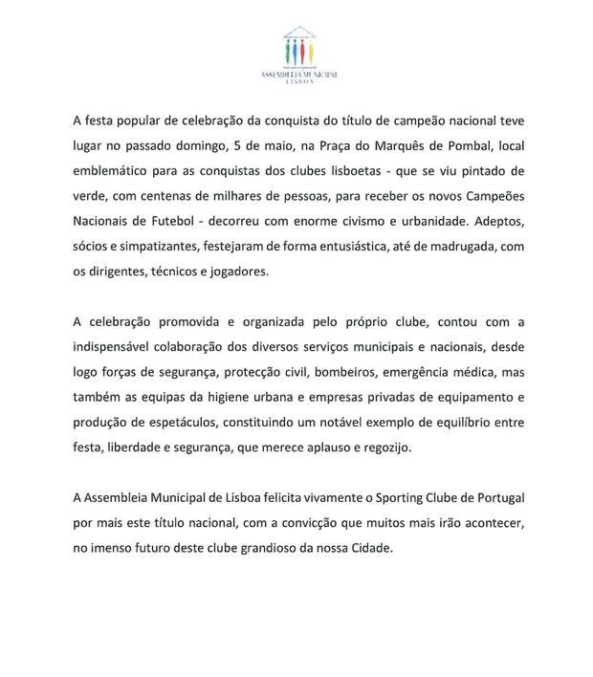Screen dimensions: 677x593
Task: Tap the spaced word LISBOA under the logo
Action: [x=298, y=82]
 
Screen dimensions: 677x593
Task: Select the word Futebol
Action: [x=174, y=222]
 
